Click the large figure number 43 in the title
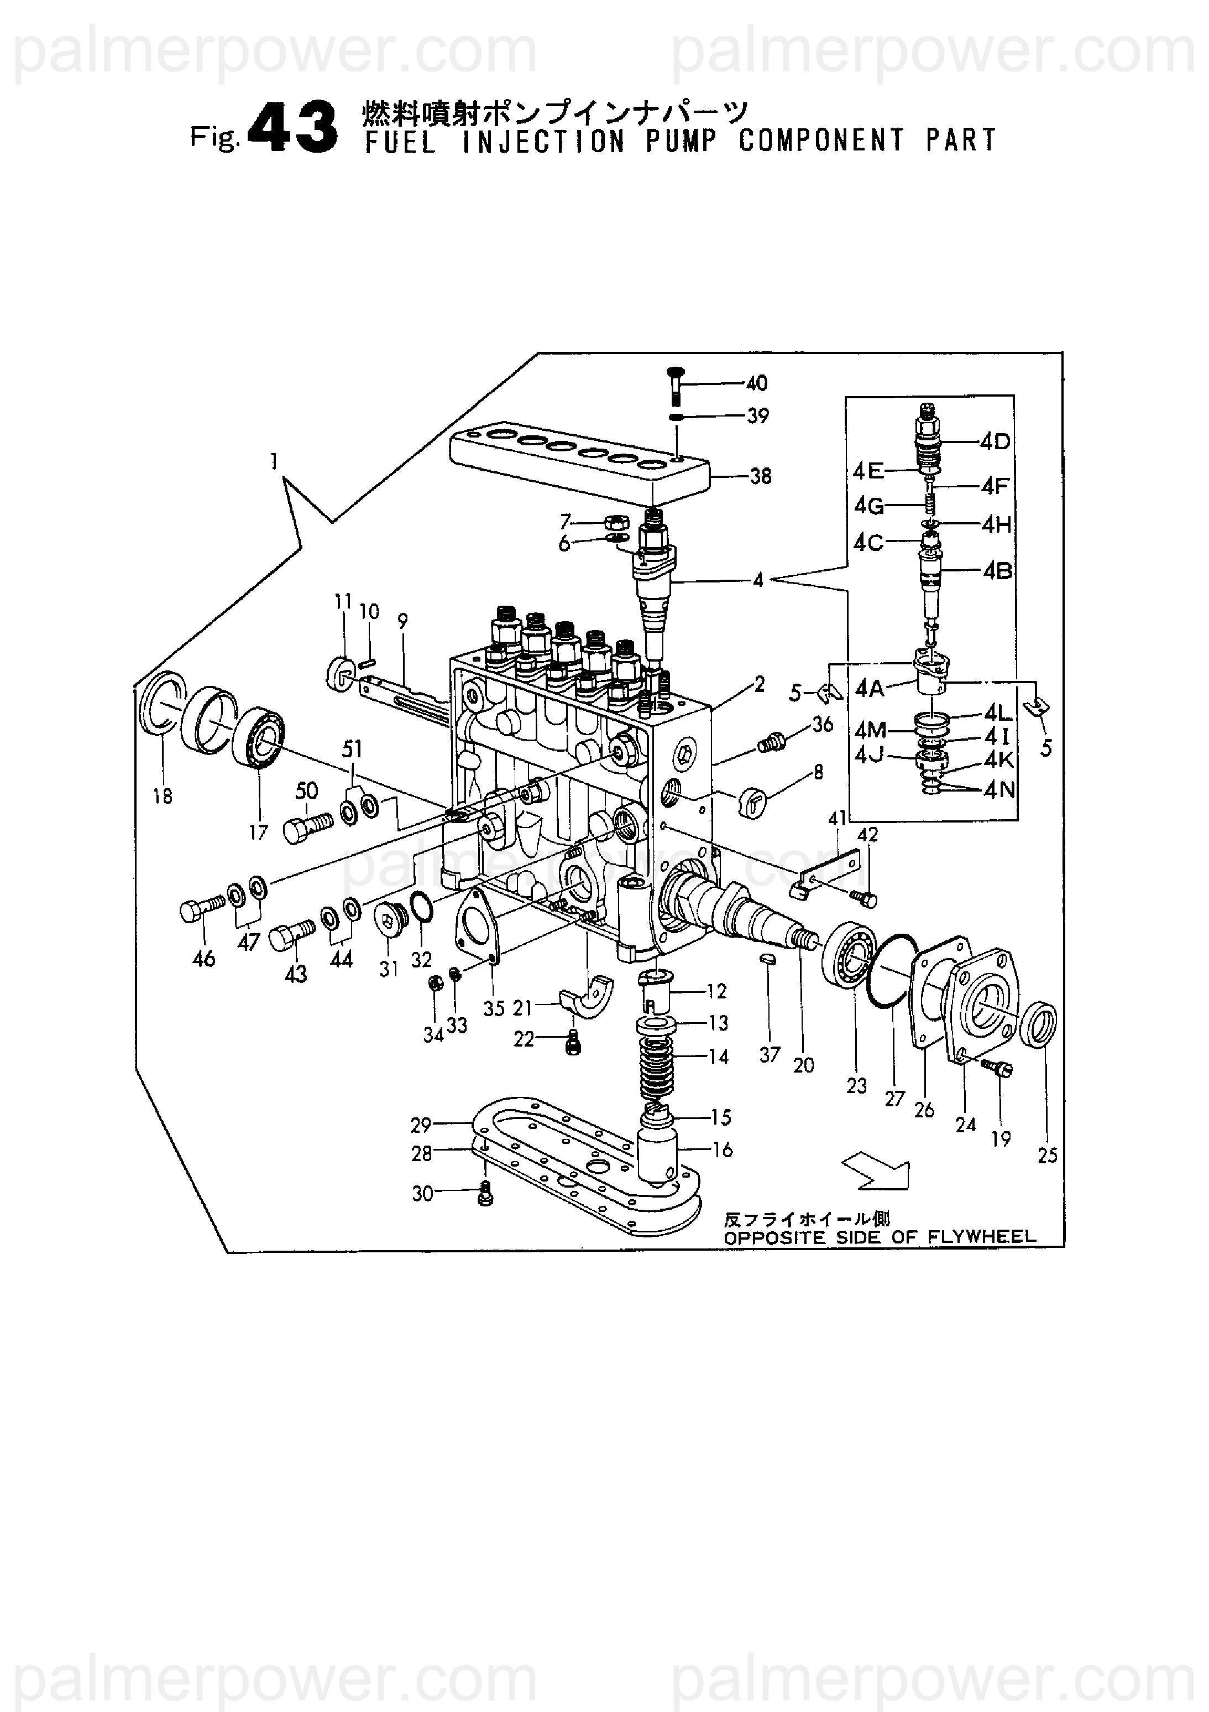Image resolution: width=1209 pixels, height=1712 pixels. (x=291, y=128)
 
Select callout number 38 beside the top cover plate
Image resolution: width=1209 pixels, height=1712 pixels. (x=760, y=476)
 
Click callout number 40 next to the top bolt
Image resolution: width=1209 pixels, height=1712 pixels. (x=757, y=383)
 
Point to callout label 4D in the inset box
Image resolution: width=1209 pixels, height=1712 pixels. (x=995, y=442)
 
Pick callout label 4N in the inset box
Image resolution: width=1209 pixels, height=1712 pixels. (x=999, y=790)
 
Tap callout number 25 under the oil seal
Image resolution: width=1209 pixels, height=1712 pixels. (x=1047, y=1155)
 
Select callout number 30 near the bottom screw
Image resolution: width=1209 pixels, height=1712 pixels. (x=423, y=1194)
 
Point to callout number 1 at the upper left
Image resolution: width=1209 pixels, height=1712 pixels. (x=274, y=462)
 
